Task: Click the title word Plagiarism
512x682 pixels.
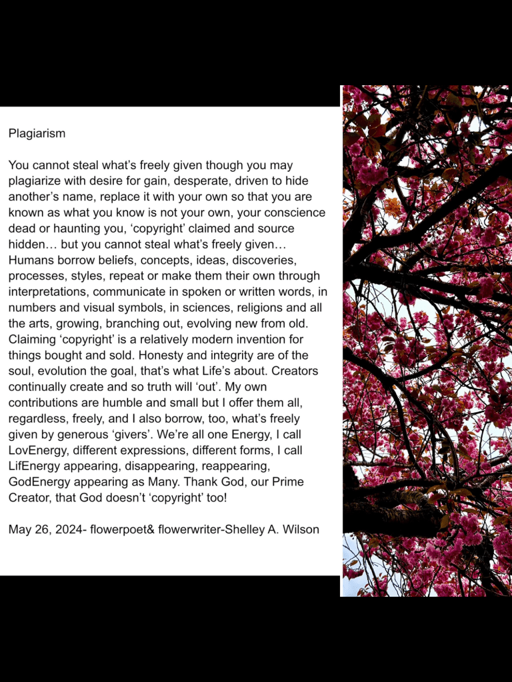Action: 37,133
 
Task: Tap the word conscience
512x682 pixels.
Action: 293,212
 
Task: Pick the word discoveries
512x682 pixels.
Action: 272,260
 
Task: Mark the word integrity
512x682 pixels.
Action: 230,356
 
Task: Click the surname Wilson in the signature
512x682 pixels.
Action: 300,530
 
